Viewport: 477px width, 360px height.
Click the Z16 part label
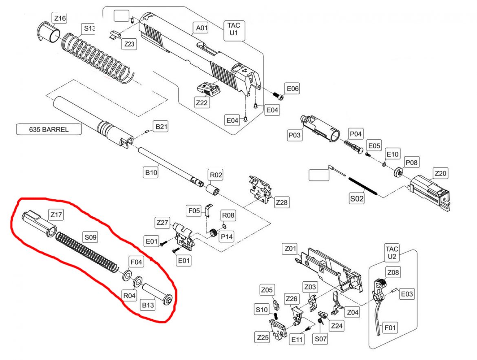(60, 18)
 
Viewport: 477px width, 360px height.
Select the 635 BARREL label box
(49, 130)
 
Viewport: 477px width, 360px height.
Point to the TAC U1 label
(233, 29)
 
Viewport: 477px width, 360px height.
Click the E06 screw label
(293, 88)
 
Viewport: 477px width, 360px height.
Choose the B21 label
(160, 127)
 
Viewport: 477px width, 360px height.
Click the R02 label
(216, 175)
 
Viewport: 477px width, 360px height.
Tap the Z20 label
(440, 174)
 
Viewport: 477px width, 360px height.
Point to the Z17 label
(56, 214)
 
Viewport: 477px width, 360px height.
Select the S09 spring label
(90, 237)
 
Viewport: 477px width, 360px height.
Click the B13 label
(148, 305)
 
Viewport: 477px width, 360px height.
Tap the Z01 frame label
(290, 248)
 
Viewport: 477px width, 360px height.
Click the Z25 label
(263, 338)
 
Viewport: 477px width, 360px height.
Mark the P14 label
(227, 236)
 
